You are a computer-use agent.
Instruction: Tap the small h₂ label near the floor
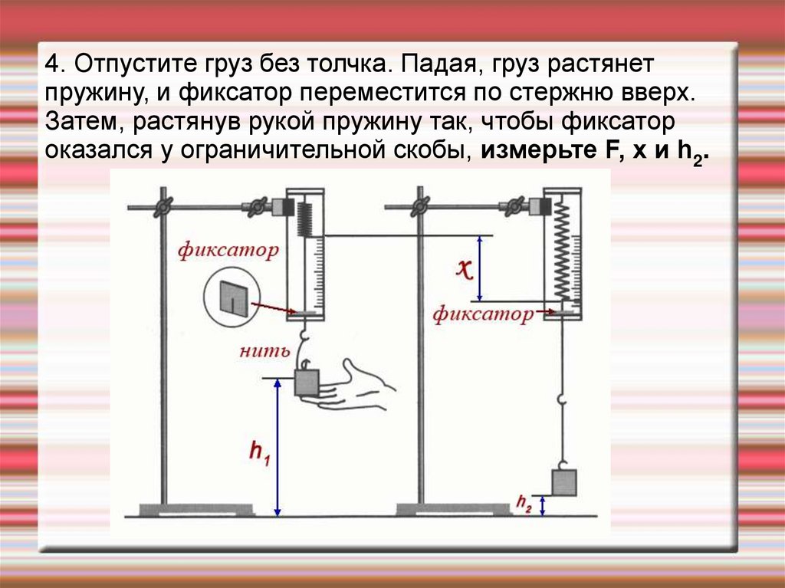[524, 504]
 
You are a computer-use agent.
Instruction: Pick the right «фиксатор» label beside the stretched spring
[482, 314]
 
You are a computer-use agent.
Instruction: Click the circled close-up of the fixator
[232, 297]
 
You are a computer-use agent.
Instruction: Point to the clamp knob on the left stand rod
[163, 206]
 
